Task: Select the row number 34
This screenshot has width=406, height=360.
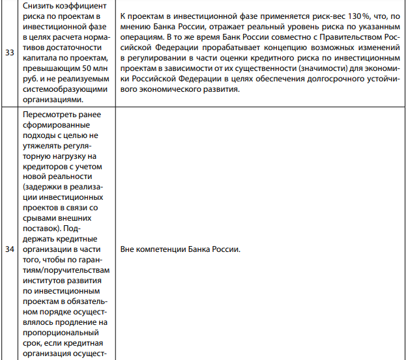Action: [10, 249]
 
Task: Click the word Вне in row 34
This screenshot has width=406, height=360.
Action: [128, 250]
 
